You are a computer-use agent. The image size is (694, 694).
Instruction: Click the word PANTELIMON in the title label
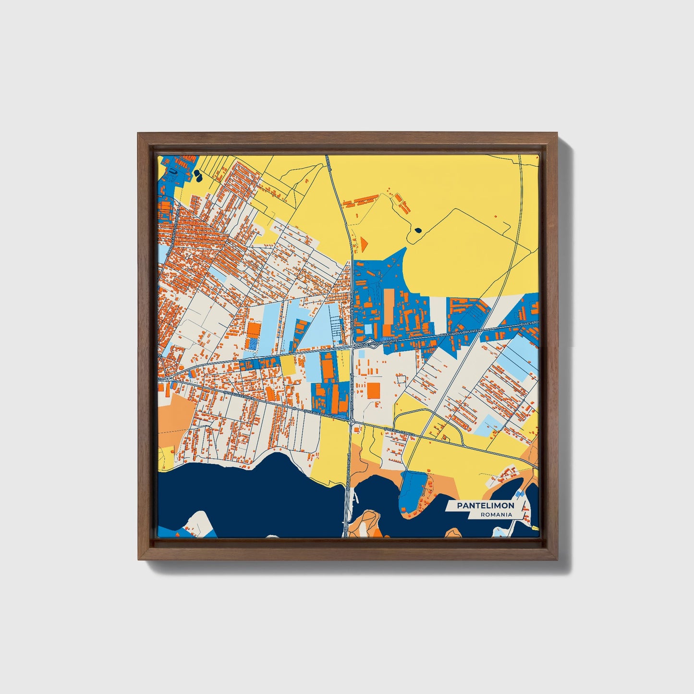point(485,505)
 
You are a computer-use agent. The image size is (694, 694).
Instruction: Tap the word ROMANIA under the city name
point(496,514)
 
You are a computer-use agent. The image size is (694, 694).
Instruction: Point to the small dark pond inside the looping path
point(417,231)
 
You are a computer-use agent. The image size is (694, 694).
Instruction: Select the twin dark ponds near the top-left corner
point(198,176)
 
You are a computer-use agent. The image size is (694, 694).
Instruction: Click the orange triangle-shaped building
point(364,243)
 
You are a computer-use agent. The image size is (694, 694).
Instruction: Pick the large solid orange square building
point(374,390)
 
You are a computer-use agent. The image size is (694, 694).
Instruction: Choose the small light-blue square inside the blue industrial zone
point(368,329)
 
